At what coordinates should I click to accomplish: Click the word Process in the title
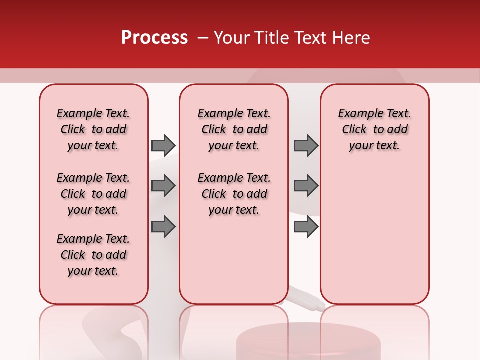pyautogui.click(x=154, y=38)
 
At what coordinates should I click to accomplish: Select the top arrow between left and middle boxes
pyautogui.click(x=163, y=145)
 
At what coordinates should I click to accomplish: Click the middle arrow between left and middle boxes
pyautogui.click(x=163, y=186)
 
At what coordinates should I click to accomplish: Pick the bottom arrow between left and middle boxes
pyautogui.click(x=163, y=227)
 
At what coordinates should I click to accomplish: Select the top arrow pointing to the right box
pyautogui.click(x=306, y=145)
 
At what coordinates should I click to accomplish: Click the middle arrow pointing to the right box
pyautogui.click(x=306, y=186)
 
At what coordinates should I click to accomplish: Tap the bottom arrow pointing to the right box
pyautogui.click(x=306, y=227)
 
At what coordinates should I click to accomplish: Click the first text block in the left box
pyautogui.click(x=93, y=129)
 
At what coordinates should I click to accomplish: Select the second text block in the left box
pyautogui.click(x=93, y=194)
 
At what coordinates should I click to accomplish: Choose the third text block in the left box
pyautogui.click(x=93, y=255)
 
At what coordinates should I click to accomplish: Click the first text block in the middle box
pyautogui.click(x=234, y=129)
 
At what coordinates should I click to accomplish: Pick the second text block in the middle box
pyautogui.click(x=234, y=194)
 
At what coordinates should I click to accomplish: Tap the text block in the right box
pyautogui.click(x=374, y=129)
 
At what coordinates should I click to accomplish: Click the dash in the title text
pyautogui.click(x=202, y=38)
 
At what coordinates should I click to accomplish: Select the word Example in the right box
pyautogui.click(x=356, y=114)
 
